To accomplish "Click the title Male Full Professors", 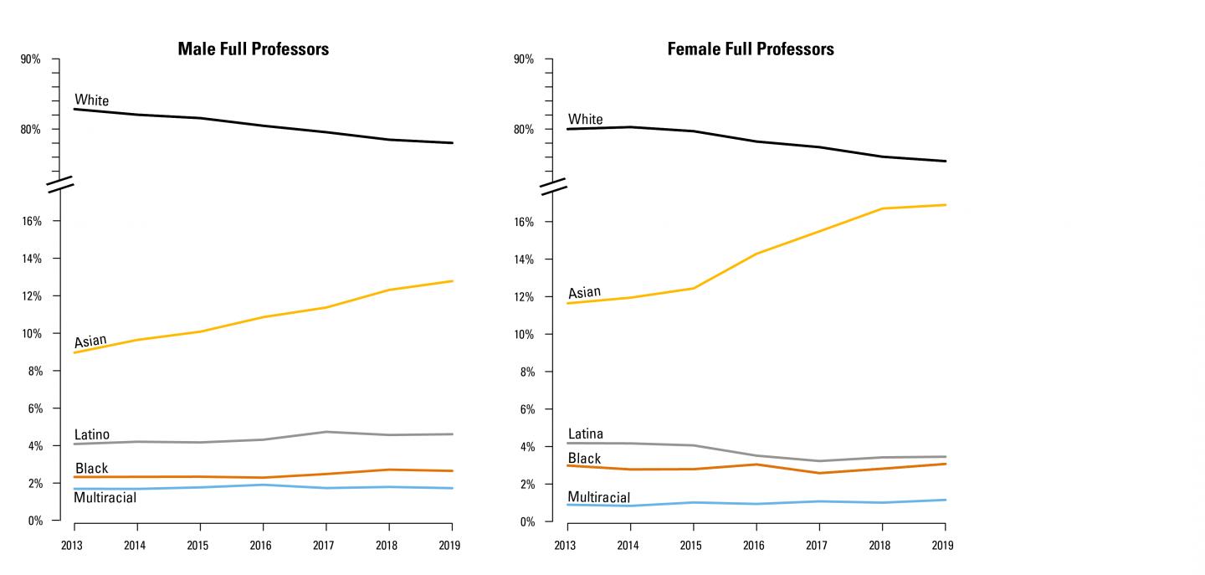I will tap(253, 49).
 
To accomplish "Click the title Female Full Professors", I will tap(750, 49).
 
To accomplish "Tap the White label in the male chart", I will tap(91, 100).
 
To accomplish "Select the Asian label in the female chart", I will tap(584, 292).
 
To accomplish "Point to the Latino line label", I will tap(91, 434).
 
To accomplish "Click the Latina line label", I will tap(585, 434).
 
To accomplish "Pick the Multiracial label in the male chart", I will tap(105, 498).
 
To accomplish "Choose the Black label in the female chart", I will tap(584, 459).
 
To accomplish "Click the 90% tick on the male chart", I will tap(31, 59).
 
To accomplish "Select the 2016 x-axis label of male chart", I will tap(263, 545).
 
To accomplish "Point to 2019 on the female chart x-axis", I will tap(944, 546).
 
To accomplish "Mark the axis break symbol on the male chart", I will tap(60, 185).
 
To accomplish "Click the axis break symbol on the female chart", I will tap(554, 186).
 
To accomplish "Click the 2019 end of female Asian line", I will tap(945, 204).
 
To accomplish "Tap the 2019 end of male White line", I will tap(452, 143).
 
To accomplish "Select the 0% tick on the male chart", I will tap(33, 521).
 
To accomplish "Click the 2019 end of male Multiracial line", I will tap(452, 488).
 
